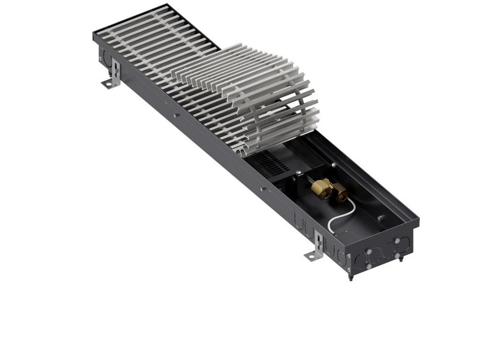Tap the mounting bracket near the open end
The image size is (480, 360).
click(x=315, y=247)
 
